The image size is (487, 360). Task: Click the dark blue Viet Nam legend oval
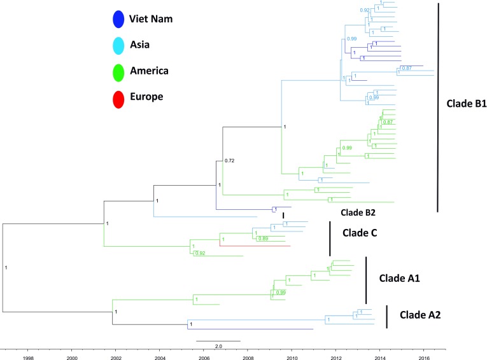coord(117,18)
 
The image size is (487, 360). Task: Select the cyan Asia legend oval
coord(117,45)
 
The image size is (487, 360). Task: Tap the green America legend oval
coord(117,71)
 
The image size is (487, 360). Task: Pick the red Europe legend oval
coord(117,97)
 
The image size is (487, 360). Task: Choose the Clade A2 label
coord(420,314)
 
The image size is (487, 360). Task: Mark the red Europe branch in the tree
coord(255,246)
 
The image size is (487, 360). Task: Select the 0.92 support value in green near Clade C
coord(200,253)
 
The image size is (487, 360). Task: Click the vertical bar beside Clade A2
coord(386,316)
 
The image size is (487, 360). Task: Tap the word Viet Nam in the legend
coord(151,18)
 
